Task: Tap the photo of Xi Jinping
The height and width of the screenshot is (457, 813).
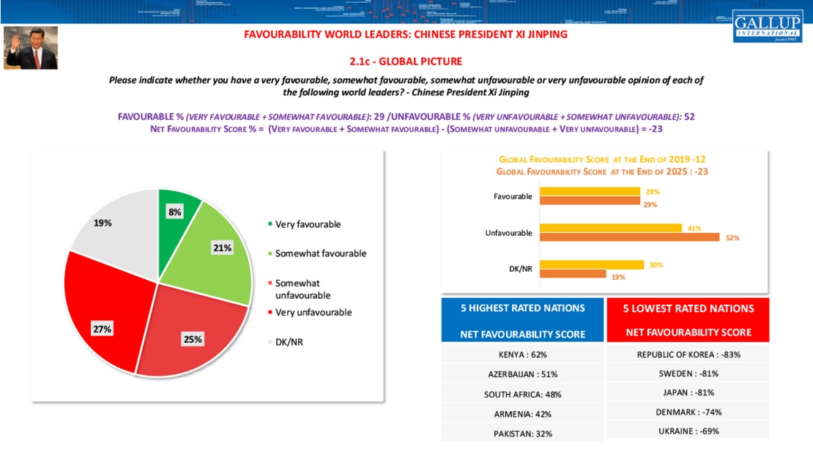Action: [31, 48]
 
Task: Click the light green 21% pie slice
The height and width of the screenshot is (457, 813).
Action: [216, 249]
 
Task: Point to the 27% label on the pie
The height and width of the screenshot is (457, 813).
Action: [102, 329]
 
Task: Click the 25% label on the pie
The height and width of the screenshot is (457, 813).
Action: [193, 339]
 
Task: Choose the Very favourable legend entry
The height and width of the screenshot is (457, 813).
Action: [308, 224]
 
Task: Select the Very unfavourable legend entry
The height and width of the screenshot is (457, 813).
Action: [313, 312]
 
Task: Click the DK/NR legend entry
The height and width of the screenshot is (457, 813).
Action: [289, 341]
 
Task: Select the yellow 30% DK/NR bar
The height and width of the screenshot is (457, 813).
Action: [591, 264]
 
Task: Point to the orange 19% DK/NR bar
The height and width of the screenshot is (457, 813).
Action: [572, 274]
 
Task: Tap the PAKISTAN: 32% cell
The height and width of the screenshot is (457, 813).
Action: [522, 433]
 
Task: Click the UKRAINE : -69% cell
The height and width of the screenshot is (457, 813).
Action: [688, 431]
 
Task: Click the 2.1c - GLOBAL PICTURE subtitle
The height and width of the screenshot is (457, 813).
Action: [406, 61]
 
